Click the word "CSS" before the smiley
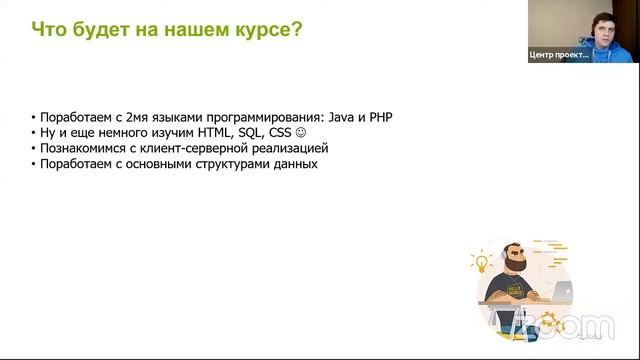pos(280,133)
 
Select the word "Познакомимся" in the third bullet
pos(80,148)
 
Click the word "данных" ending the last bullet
pos(295,164)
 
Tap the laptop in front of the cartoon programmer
pos(555,294)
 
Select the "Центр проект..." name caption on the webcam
pos(559,56)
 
